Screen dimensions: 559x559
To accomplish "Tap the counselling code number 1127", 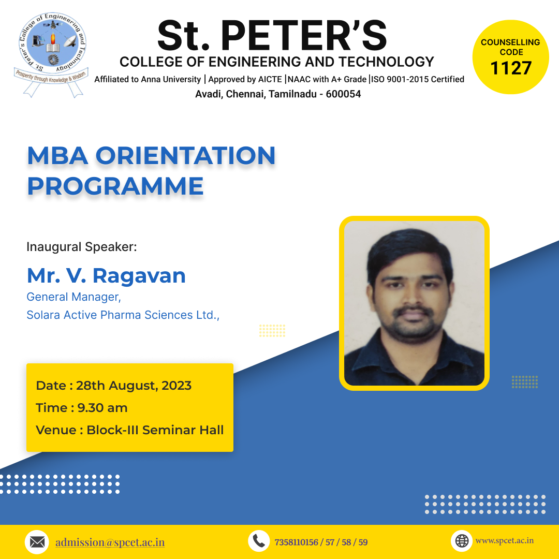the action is point(511,68).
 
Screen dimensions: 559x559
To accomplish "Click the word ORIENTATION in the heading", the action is point(185,156).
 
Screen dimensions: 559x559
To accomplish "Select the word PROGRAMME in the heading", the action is point(115,186).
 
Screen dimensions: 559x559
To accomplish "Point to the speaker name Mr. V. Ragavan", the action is point(106,275).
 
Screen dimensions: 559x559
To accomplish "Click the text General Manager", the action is point(73,297).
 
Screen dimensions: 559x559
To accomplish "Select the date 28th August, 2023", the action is point(134,386).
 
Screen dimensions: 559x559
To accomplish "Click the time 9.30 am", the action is point(102,408).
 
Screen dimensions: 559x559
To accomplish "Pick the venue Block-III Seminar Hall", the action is point(155,430).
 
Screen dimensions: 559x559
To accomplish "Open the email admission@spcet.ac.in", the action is point(110,542).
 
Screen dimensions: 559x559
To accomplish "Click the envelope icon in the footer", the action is point(37,542).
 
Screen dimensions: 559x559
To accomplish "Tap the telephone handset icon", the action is point(259,541).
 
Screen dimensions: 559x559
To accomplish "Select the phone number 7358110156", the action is point(296,542).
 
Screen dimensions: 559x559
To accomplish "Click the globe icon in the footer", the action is point(462,541).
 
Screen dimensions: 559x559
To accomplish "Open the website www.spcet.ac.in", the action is point(505,540).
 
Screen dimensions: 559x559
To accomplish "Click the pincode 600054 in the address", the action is point(343,94).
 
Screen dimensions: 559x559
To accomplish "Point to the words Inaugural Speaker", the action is point(82,247).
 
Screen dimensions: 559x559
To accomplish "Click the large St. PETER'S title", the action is point(272,36).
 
